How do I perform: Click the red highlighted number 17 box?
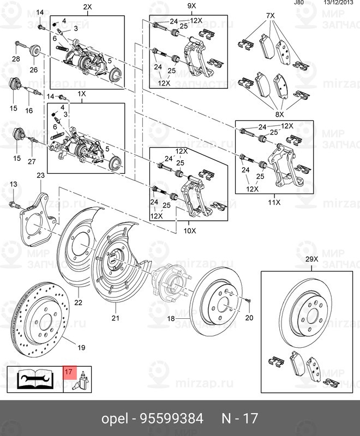pos(69,373)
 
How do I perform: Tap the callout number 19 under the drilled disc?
pos(81,347)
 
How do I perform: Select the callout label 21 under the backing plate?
pos(115,318)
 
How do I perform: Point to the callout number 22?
pos(78,302)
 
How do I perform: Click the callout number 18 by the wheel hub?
pos(171,318)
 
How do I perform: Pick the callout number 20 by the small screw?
pos(250,318)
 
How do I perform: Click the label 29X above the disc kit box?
pos(311,259)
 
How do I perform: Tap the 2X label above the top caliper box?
pos(87,7)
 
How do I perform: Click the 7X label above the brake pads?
pos(271,16)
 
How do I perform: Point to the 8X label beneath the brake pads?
pos(280,114)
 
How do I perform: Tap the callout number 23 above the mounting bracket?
pos(41,175)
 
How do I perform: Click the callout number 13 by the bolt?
pos(14,184)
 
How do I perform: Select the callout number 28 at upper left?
pos(16,59)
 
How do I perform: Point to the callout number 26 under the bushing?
pos(33,70)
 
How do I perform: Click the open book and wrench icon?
pos(33,379)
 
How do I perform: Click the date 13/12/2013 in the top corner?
pos(338,3)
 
